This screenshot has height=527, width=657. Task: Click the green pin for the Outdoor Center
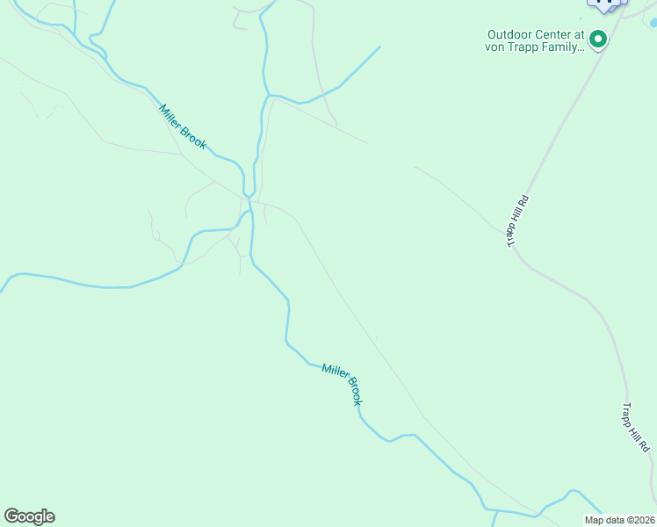coord(598,39)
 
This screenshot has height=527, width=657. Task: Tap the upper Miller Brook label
coord(183,126)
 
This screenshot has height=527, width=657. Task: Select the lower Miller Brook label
coord(342,384)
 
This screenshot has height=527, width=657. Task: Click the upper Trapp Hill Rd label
coord(519,220)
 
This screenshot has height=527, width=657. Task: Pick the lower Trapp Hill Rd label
coord(637,428)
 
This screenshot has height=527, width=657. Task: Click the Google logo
coord(29,516)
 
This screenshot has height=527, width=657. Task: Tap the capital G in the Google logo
coord(11,516)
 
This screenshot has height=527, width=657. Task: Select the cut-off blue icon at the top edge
coord(605,4)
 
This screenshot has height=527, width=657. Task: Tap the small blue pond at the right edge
coord(653,24)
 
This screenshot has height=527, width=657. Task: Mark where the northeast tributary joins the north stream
coord(269,95)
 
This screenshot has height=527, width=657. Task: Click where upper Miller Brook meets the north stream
coord(249,198)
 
